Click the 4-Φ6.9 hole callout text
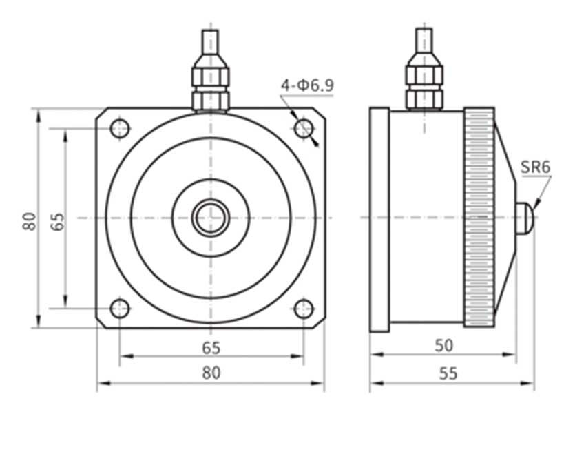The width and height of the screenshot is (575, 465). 306,86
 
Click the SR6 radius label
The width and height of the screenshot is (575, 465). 535,167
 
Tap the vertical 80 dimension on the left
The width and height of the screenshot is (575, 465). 29,220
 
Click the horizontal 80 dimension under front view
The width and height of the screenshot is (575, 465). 211,373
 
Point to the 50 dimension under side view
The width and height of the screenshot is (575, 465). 444,346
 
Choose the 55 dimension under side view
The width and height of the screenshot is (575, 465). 448,373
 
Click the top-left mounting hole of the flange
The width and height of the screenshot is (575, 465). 120,128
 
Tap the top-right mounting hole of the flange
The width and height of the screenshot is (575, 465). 304,128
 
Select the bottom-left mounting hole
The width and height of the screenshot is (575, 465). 120,309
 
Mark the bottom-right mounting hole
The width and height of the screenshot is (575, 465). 304,309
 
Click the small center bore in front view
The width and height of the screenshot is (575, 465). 211,218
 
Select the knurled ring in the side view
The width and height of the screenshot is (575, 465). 479,218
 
